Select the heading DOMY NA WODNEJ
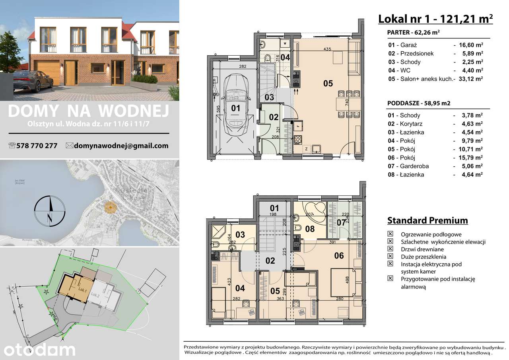pos(88,111)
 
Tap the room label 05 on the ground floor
pos(328,84)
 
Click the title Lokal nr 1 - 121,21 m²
pos(435,18)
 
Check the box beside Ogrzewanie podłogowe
pos(390,234)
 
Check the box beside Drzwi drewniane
pos(390,249)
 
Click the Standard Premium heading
pos(427,220)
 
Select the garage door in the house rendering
pos(47,72)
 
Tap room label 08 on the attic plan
pos(309,229)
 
